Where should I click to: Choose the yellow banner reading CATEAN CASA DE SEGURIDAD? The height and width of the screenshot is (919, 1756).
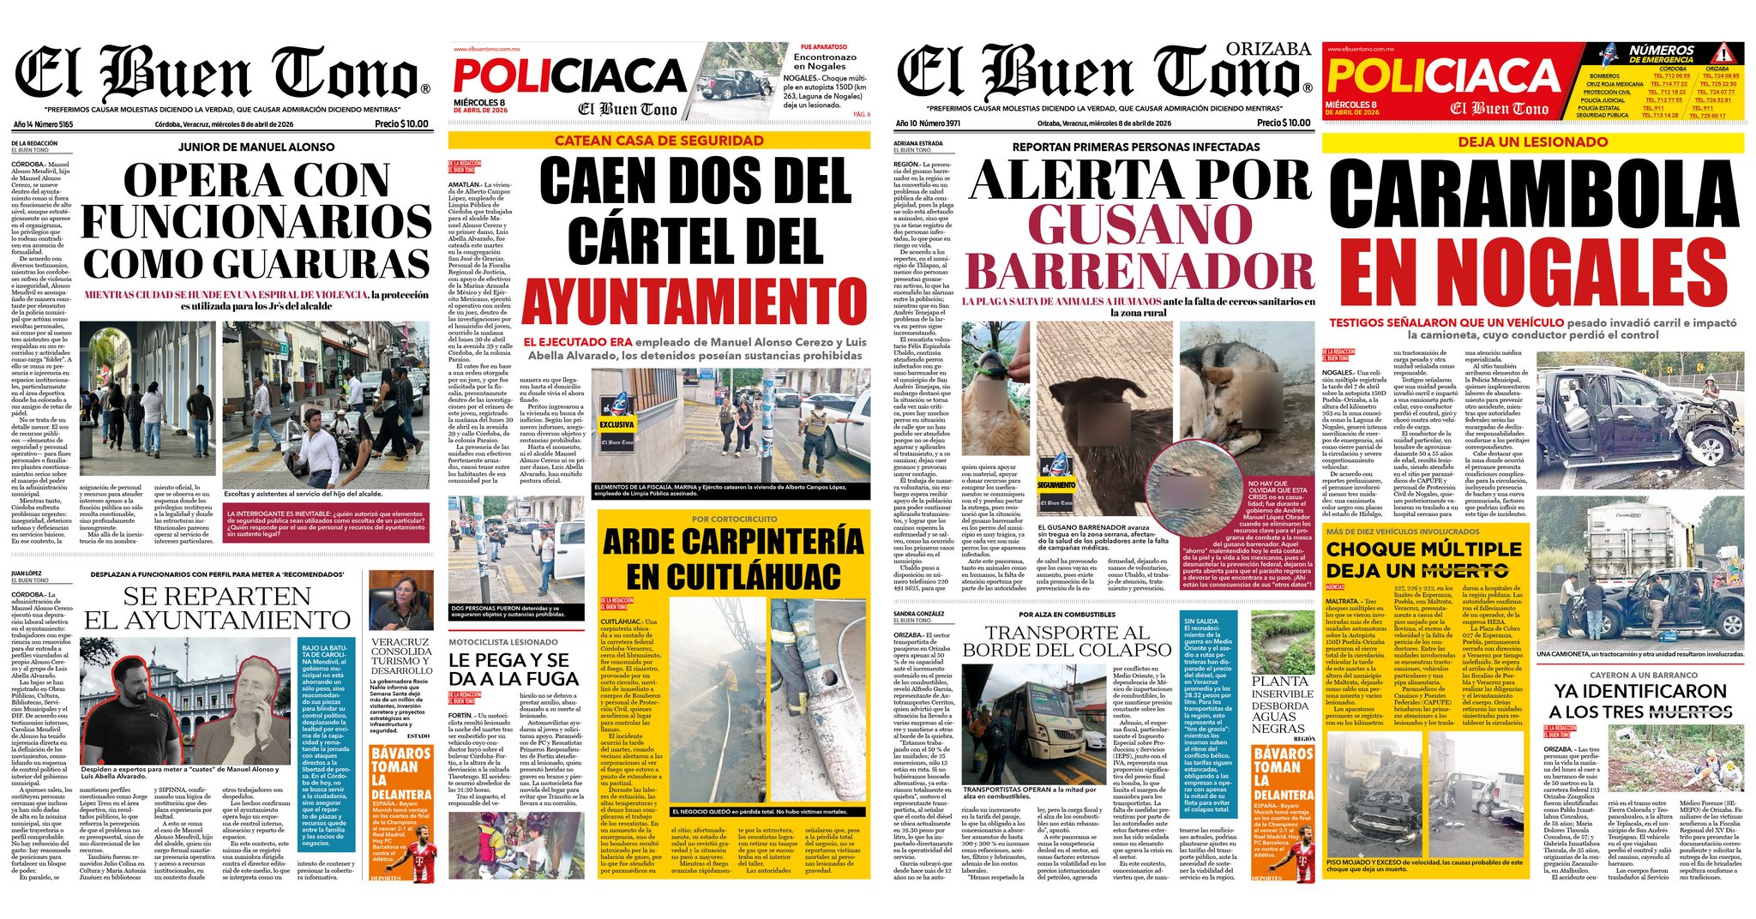[658, 141]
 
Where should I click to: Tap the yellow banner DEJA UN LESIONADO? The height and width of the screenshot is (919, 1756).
[1533, 142]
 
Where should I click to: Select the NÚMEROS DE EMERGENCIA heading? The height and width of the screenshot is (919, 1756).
[1662, 54]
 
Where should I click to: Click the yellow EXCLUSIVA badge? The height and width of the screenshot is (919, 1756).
[616, 424]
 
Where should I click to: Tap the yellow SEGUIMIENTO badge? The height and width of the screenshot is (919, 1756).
[1056, 485]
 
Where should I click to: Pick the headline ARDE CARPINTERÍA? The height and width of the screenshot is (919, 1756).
[733, 542]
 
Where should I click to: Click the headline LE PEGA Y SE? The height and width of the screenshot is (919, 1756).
[508, 660]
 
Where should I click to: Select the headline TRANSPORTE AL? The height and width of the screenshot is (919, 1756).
[1067, 633]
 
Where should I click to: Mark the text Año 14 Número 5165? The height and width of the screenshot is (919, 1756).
[43, 124]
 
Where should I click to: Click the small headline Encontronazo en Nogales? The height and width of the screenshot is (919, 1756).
[824, 61]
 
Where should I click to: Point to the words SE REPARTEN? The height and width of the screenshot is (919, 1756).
[217, 597]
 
